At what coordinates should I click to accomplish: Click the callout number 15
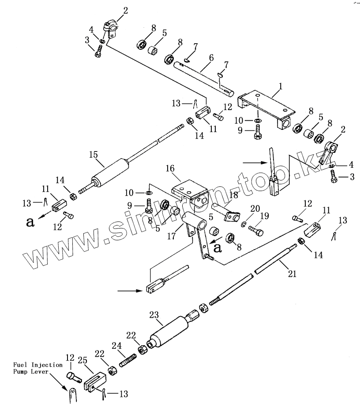pyautogui.click(x=93, y=155)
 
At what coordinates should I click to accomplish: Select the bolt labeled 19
pyautogui.click(x=255, y=229)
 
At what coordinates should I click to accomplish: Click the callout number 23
pyautogui.click(x=154, y=315)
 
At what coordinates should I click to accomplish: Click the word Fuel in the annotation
pyautogui.click(x=21, y=365)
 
